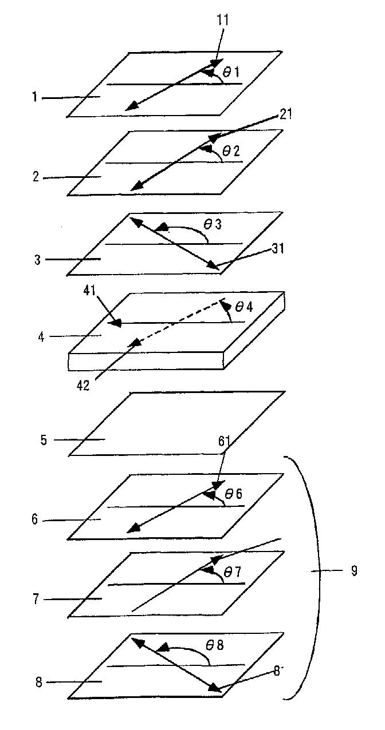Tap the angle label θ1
click(x=231, y=72)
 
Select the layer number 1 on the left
click(x=35, y=98)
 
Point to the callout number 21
click(x=286, y=114)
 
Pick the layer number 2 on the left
click(x=36, y=177)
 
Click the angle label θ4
click(x=245, y=307)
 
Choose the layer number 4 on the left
click(x=41, y=336)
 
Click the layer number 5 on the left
click(x=43, y=440)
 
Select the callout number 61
click(x=225, y=441)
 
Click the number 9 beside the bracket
click(x=354, y=571)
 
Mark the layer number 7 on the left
click(x=36, y=599)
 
